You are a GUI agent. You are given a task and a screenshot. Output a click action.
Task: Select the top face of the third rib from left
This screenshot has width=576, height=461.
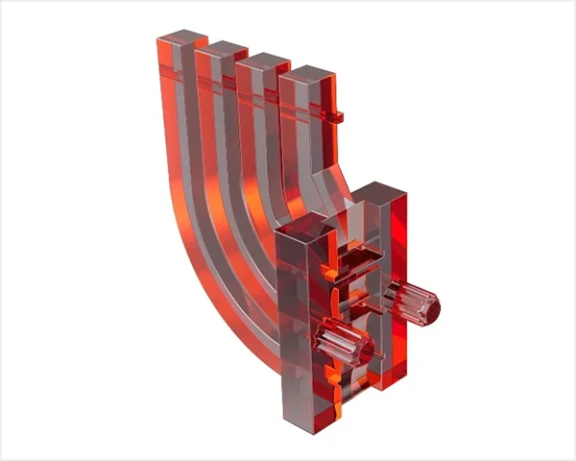(264, 60)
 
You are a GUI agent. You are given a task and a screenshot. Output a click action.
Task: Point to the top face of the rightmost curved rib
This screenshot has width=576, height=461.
(306, 72)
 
